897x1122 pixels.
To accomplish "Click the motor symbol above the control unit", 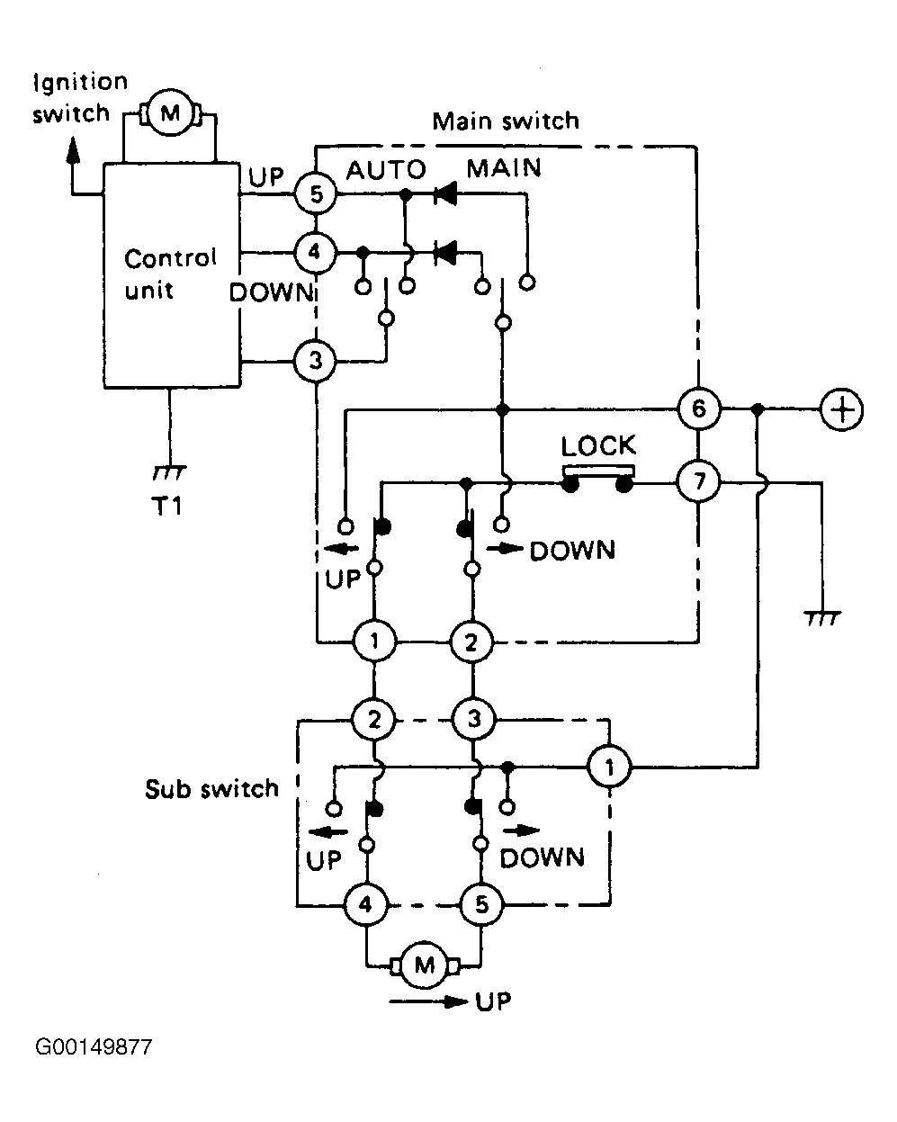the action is click(170, 113).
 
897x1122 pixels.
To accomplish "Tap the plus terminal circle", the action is click(842, 409).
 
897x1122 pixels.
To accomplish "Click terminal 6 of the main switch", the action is click(699, 408).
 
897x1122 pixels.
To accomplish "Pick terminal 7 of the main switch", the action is click(698, 480).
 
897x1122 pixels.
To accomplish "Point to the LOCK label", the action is click(598, 445).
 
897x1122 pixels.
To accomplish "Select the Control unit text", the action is click(170, 274).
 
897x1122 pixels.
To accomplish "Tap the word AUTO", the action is click(386, 170).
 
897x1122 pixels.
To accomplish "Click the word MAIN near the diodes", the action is click(504, 168).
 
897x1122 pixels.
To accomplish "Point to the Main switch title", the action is click(506, 121).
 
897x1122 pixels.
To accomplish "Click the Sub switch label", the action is click(211, 789).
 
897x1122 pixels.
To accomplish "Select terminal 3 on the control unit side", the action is click(315, 361).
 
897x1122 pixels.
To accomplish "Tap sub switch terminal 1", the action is click(609, 767).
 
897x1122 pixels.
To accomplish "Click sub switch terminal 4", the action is click(365, 904).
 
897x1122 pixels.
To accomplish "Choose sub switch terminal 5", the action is click(481, 904).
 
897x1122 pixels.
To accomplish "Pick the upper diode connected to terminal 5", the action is click(445, 194).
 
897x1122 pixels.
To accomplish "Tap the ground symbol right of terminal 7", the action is click(823, 619).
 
